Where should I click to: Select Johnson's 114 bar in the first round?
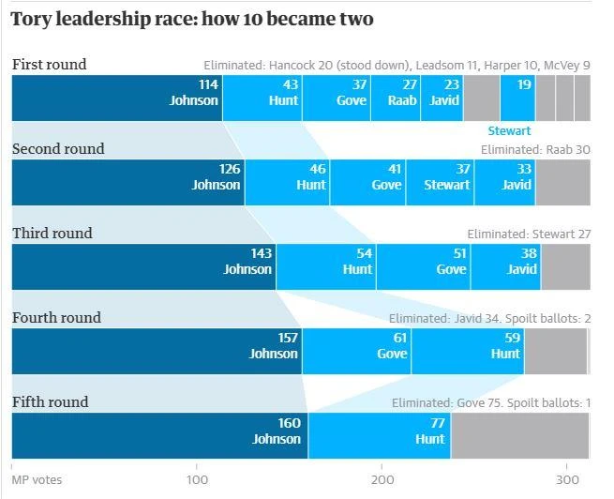(116, 98)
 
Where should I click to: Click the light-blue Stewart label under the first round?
(509, 131)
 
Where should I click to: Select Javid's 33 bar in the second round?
(504, 182)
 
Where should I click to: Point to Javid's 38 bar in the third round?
(506, 266)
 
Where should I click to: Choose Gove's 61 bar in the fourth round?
(356, 351)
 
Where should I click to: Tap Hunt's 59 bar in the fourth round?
(467, 351)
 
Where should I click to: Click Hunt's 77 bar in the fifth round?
(379, 435)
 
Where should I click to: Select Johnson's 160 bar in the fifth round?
(159, 435)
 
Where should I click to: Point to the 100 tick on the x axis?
(197, 479)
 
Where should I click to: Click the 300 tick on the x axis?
(566, 479)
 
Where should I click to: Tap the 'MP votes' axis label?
(37, 480)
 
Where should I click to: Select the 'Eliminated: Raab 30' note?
(535, 150)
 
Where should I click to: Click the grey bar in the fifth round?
(519, 435)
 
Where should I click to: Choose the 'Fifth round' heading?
(50, 401)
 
